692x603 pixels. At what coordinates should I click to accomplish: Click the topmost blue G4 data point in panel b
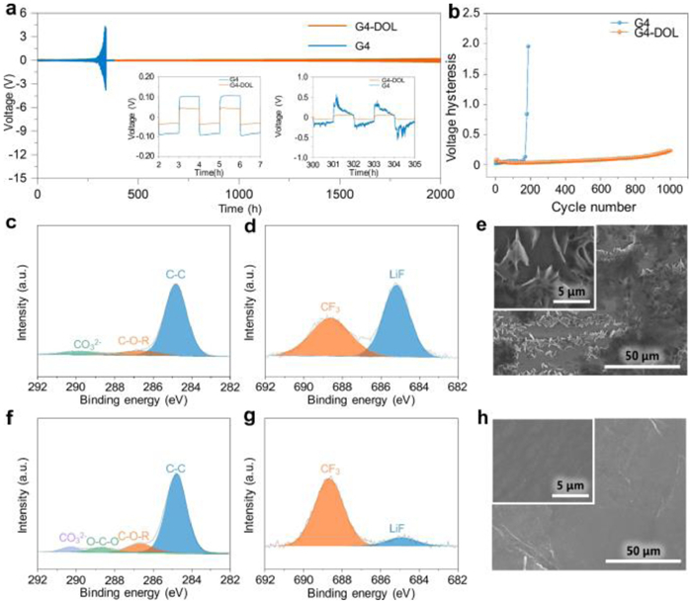click(x=529, y=45)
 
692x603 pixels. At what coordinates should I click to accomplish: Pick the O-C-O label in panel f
click(x=102, y=541)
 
